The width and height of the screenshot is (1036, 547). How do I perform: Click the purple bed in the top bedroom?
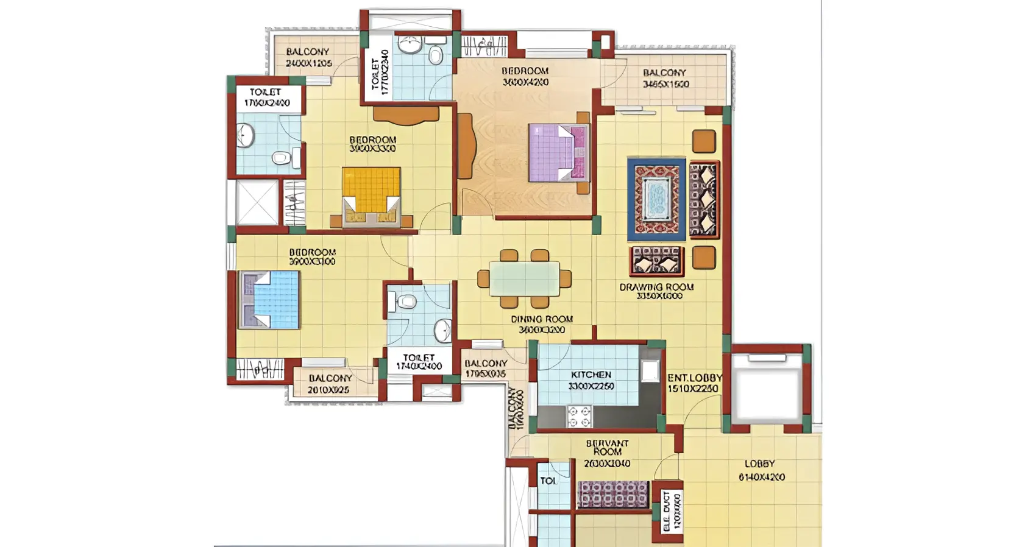pyautogui.click(x=558, y=152)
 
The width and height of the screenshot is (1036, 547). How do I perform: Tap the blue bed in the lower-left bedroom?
pyautogui.click(x=270, y=300)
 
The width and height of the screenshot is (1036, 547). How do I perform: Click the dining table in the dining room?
pyautogui.click(x=524, y=279)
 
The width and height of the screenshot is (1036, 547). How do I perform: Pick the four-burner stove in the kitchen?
pyautogui.click(x=579, y=416)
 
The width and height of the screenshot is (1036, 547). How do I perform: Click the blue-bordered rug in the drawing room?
pyautogui.click(x=656, y=199)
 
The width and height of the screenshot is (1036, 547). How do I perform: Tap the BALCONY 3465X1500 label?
pyautogui.click(x=665, y=78)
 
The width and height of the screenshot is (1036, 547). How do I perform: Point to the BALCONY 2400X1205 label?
pyautogui.click(x=308, y=57)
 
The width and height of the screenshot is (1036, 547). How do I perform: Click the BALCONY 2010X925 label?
pyautogui.click(x=329, y=384)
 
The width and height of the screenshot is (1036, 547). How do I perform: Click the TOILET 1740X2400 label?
pyautogui.click(x=419, y=362)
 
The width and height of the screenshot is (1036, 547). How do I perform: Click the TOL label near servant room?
pyautogui.click(x=548, y=481)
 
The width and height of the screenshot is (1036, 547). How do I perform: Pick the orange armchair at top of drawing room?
pyautogui.click(x=704, y=141)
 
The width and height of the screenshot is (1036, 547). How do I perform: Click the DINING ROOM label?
pyautogui.click(x=541, y=324)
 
